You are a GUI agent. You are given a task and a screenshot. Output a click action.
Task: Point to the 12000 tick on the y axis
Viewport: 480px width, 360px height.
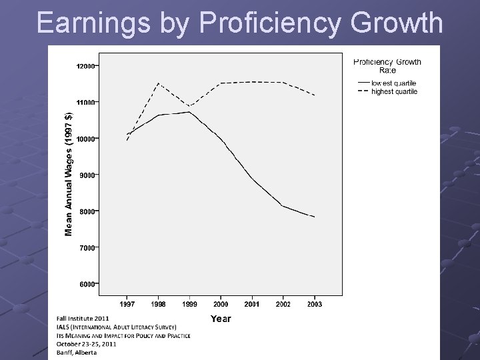(85, 66)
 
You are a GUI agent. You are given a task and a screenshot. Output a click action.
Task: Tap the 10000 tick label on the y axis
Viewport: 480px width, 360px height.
(85, 139)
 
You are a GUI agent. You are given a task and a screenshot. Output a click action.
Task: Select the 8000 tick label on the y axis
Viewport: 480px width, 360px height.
(87, 211)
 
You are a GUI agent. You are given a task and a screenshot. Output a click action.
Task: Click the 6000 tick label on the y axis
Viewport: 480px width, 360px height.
(87, 284)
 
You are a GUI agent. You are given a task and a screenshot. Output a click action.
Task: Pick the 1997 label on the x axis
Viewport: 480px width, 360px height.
(127, 304)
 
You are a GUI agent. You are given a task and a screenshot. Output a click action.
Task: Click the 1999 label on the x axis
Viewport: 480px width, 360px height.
(189, 304)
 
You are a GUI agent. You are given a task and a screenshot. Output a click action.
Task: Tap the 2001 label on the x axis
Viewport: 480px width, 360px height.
(252, 304)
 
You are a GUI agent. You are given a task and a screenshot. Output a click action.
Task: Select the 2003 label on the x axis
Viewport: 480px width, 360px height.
(314, 304)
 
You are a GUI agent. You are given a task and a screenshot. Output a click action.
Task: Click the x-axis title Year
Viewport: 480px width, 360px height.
(221, 319)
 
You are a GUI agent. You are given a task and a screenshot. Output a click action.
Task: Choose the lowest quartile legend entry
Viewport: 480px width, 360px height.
(394, 83)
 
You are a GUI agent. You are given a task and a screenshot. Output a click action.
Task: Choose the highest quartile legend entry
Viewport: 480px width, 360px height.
(395, 91)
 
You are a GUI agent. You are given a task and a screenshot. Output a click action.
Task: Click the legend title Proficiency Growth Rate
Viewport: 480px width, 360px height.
(387, 65)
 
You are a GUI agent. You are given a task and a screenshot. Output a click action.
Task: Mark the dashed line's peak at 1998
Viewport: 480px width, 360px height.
(158, 83)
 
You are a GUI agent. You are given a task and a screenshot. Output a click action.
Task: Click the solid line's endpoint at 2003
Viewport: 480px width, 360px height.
(314, 217)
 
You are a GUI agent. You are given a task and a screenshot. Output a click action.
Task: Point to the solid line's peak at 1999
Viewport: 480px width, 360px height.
(189, 112)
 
